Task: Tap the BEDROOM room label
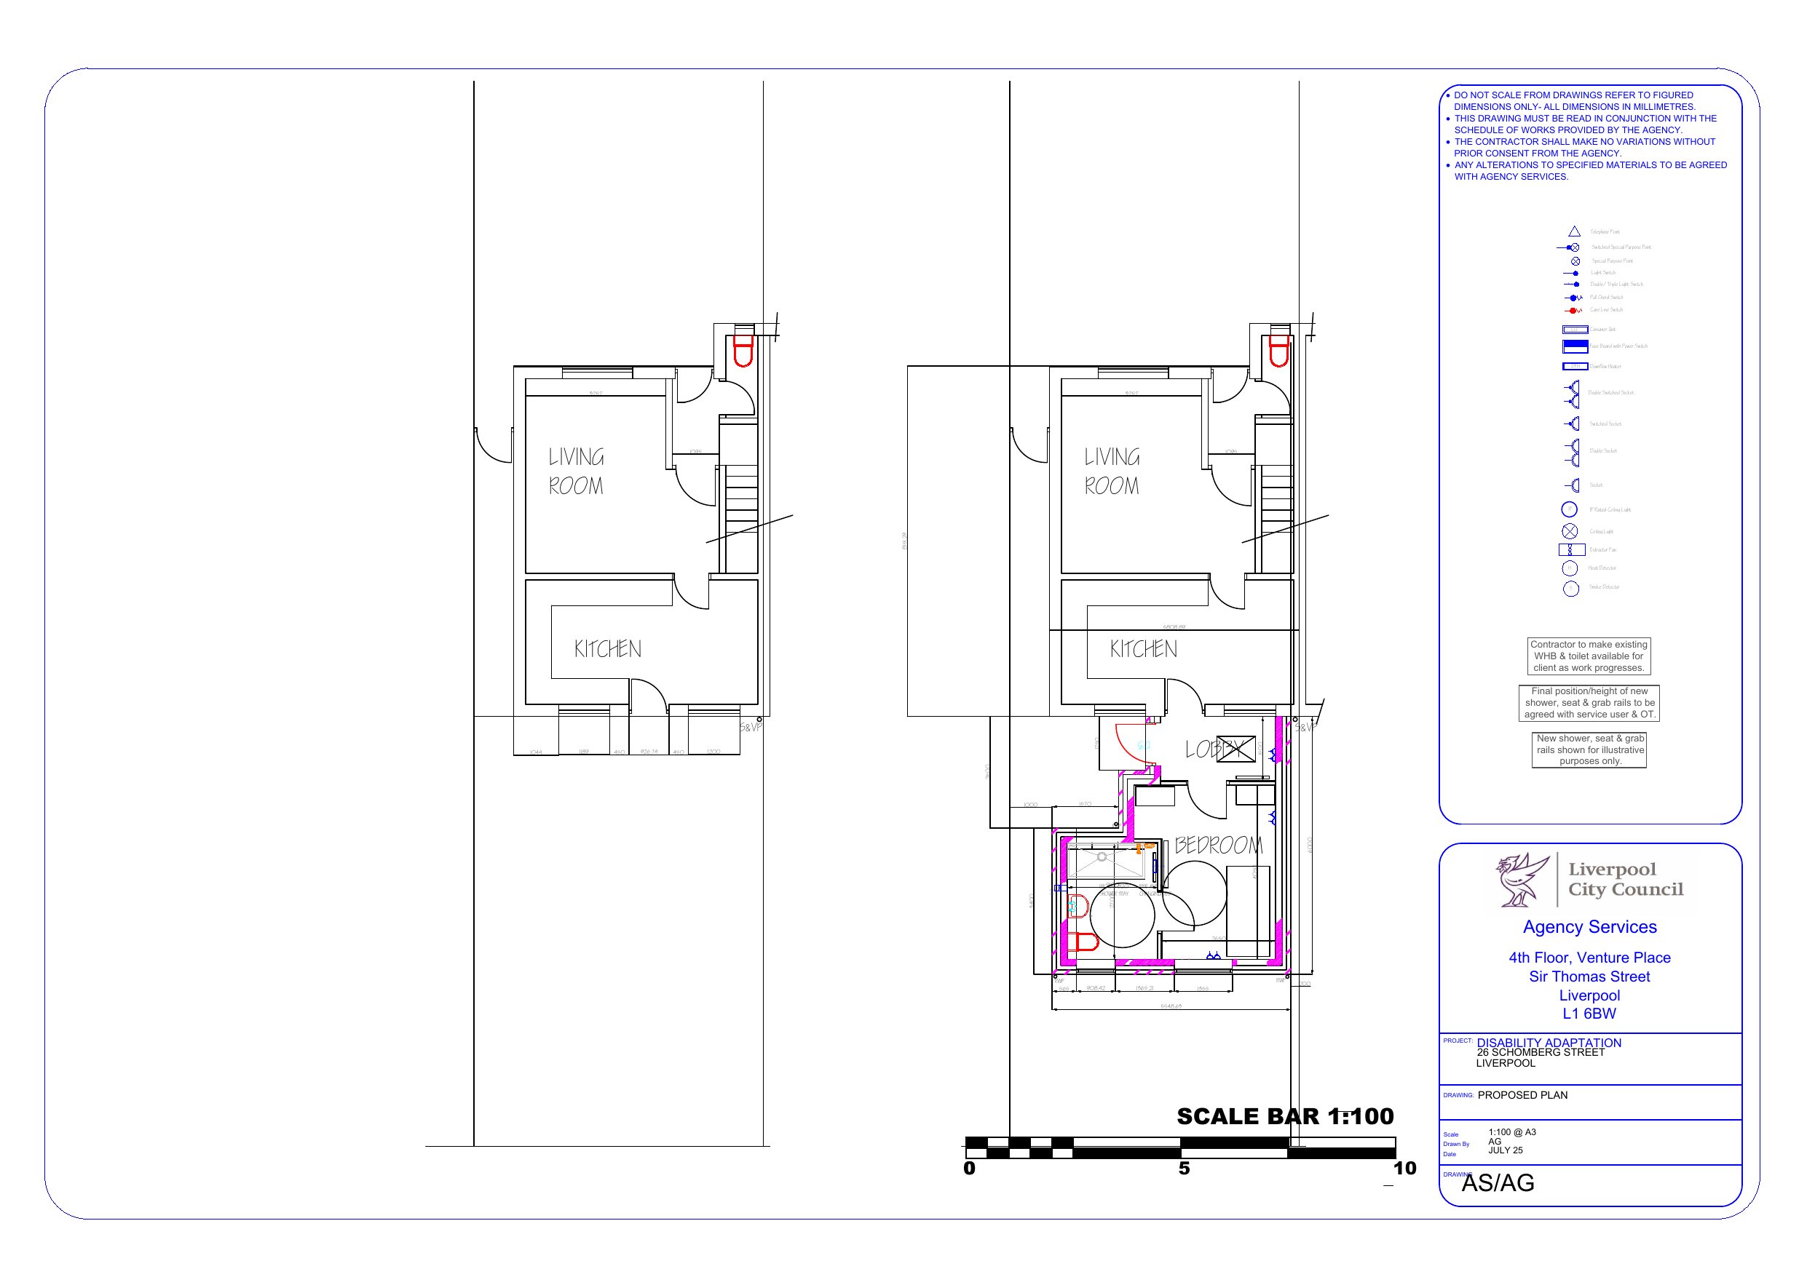(1218, 846)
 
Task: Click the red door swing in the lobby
(1130, 744)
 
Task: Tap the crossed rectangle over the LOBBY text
(1235, 748)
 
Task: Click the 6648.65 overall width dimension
(1171, 1006)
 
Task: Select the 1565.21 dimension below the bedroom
(1145, 988)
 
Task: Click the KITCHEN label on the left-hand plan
(608, 649)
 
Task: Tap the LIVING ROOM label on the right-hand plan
(1111, 472)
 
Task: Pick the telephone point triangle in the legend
(1574, 231)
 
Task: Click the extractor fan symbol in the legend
(1572, 549)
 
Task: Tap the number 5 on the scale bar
(1184, 1169)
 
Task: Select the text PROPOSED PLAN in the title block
(1522, 1095)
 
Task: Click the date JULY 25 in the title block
(1505, 1150)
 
